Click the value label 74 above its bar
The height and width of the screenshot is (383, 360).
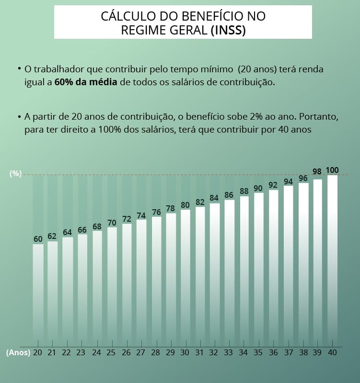(x=141, y=215)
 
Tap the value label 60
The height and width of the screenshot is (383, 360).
(x=38, y=239)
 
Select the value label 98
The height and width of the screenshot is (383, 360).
(x=317, y=171)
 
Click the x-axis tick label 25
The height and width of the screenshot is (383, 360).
(x=111, y=352)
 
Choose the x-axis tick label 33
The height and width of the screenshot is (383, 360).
(x=229, y=352)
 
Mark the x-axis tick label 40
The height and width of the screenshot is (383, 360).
(x=332, y=352)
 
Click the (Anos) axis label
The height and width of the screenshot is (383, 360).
(x=18, y=352)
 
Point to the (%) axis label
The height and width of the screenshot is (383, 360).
(x=16, y=174)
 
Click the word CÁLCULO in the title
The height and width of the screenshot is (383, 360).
(x=124, y=16)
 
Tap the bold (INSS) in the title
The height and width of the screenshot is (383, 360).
(x=228, y=30)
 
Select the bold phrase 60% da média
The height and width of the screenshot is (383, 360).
(x=86, y=82)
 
